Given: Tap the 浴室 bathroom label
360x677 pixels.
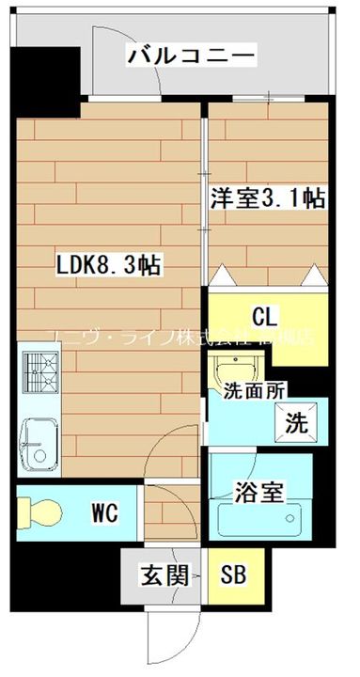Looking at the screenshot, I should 258,492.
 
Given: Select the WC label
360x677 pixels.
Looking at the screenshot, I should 104,512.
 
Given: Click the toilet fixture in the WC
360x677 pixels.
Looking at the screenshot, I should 41,512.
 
